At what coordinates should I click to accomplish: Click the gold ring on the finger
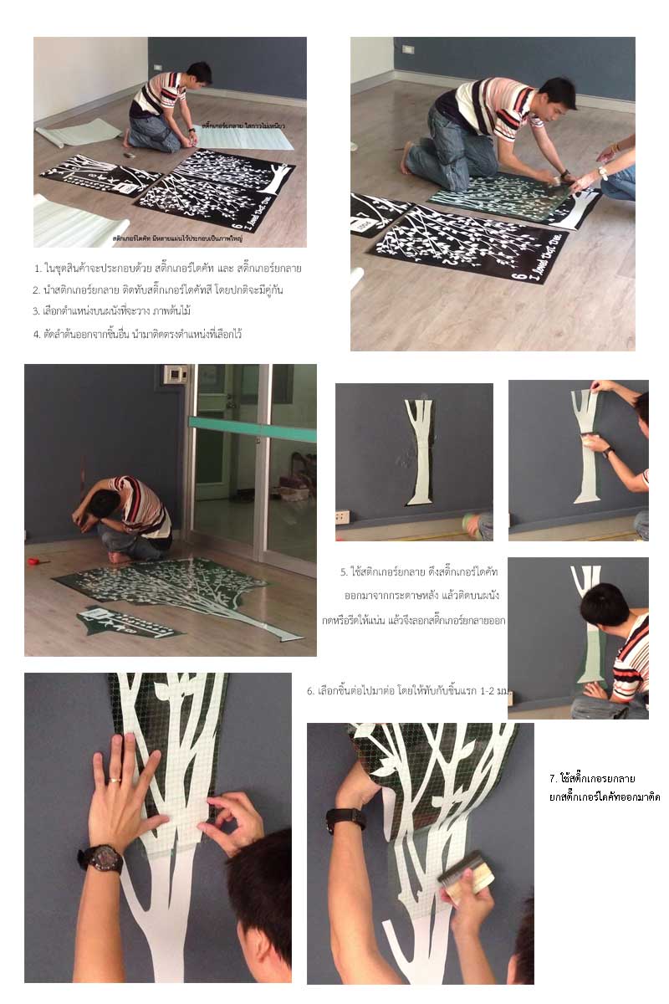pos(114,780)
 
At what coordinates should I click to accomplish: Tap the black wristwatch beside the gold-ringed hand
pos(100,858)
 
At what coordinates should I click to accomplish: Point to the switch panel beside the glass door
pos(175,375)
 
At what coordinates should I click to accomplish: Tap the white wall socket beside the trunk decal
pos(342,516)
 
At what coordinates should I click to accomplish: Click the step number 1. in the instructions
pos(38,269)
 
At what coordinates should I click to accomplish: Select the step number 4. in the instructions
pos(38,334)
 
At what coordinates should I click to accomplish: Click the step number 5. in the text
pos(344,572)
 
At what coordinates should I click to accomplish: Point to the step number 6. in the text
pos(310,691)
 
